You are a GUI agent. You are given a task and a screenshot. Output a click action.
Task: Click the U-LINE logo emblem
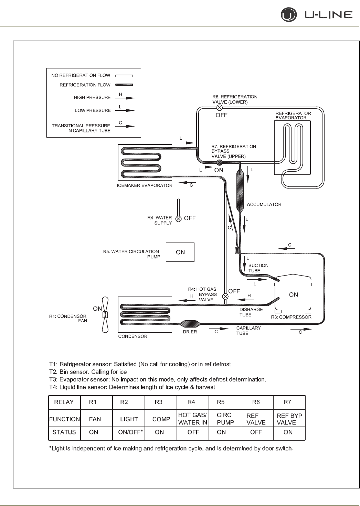click(x=288, y=15)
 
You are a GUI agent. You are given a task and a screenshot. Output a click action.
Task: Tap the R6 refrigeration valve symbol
click(x=219, y=108)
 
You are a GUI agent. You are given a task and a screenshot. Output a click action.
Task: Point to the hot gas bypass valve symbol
click(x=225, y=296)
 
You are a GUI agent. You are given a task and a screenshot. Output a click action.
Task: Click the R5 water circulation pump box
click(x=180, y=252)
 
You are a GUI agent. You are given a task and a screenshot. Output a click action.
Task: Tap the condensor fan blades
click(x=106, y=315)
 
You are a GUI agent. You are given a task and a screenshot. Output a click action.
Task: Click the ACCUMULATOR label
click(x=264, y=205)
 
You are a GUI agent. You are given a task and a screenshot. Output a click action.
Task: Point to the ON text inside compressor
click(x=294, y=295)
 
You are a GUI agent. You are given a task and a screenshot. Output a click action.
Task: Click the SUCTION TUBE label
click(x=258, y=268)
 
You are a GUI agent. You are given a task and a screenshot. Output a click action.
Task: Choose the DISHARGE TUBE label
click(x=251, y=312)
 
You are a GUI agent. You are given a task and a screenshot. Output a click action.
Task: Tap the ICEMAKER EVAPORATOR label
click(x=145, y=186)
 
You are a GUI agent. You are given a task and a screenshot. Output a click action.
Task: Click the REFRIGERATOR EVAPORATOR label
click(x=293, y=116)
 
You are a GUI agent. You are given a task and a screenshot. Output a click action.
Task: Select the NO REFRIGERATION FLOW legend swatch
click(x=124, y=76)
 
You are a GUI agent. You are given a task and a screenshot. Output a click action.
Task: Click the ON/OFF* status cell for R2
click(x=129, y=432)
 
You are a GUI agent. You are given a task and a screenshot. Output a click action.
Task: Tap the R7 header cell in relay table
click(x=287, y=402)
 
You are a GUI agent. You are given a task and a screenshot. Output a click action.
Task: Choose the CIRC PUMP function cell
click(x=225, y=419)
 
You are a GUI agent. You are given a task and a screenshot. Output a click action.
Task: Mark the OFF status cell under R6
click(x=256, y=432)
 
